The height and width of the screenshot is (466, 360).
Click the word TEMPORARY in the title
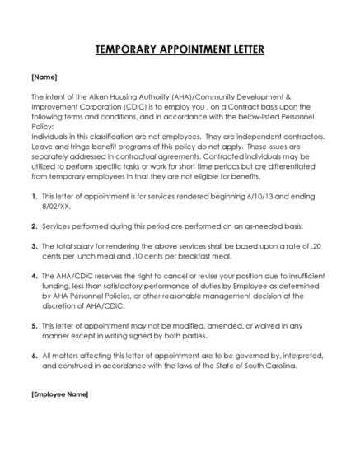coord(127,50)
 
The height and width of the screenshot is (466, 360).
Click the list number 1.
coord(33,197)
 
